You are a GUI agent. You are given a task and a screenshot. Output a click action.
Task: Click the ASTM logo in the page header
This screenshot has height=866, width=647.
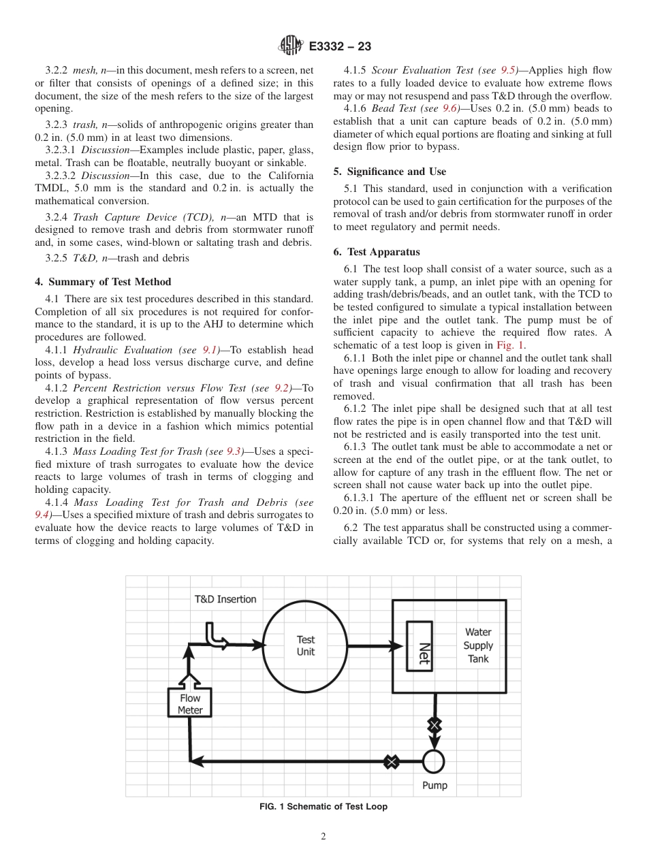tap(291, 46)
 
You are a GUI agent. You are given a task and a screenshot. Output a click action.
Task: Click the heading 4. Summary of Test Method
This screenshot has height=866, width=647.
tap(103, 282)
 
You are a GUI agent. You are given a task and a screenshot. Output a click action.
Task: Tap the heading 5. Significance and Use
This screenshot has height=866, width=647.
tap(390, 172)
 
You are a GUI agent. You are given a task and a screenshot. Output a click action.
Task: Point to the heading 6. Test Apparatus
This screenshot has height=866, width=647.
tap(377, 252)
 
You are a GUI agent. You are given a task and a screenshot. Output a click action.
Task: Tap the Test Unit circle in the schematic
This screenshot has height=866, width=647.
tap(306, 645)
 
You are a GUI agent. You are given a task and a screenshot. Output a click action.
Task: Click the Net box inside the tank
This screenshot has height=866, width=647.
tap(419, 645)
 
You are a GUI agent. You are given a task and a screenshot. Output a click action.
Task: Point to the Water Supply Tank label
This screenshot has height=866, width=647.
tap(477, 645)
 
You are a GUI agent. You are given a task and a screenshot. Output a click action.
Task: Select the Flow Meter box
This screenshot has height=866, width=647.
tap(190, 703)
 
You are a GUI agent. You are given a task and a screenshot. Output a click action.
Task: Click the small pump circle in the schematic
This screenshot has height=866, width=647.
tap(433, 761)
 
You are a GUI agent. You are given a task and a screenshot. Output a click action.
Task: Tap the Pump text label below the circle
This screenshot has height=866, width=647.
tap(435, 786)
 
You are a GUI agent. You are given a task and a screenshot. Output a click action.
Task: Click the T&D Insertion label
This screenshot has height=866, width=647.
tap(225, 599)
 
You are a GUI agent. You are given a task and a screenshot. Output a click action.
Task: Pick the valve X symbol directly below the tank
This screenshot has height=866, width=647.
tap(434, 725)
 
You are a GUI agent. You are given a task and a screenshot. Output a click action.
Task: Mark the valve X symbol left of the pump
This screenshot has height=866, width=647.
tap(391, 762)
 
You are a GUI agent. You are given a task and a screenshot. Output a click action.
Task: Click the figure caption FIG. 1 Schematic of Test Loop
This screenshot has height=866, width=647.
tap(323, 807)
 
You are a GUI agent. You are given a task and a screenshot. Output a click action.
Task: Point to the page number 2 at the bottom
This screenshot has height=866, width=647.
tap(323, 837)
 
